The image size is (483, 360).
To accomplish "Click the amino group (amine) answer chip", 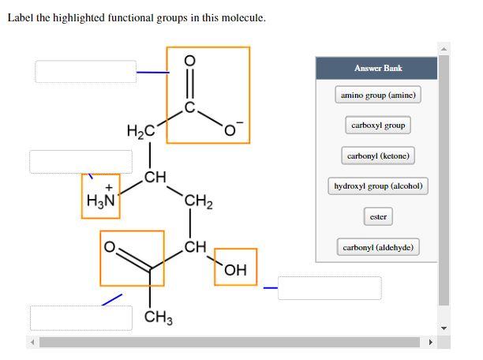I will click(x=377, y=96).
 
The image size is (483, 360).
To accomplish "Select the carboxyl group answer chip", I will click(x=377, y=126).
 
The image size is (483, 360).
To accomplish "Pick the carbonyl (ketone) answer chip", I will click(x=377, y=156).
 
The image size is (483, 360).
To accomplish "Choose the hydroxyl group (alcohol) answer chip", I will click(x=378, y=186).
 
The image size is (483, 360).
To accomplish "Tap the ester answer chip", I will click(x=377, y=216).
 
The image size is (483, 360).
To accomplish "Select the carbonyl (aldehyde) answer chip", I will click(x=377, y=247).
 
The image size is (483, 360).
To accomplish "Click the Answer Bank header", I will click(x=377, y=68).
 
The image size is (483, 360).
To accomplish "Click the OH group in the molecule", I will click(x=236, y=271).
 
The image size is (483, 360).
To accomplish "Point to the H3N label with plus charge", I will click(x=100, y=197).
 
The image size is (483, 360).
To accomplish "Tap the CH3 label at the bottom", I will click(x=159, y=318).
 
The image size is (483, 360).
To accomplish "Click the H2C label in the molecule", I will click(x=140, y=130).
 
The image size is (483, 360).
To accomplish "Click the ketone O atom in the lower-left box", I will click(x=111, y=247).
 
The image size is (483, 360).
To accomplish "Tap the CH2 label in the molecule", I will click(x=197, y=204).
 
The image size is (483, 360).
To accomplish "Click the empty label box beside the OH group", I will click(x=329, y=287).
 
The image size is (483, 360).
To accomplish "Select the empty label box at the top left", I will click(x=85, y=71).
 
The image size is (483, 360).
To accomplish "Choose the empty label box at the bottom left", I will click(x=81, y=317).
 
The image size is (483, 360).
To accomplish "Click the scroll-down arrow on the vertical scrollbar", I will click(x=444, y=328).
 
